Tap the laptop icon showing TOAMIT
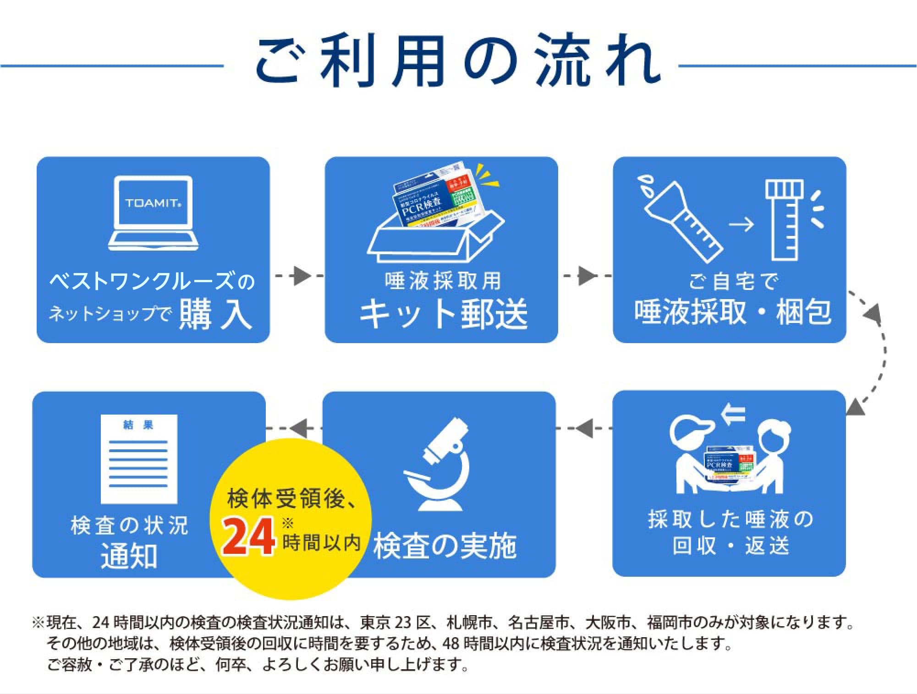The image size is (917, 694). [x=153, y=213]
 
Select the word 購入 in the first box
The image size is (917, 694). [x=215, y=314]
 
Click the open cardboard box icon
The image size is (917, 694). [x=435, y=234]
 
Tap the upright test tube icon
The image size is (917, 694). [x=785, y=220]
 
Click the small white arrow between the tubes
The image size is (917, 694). [x=741, y=224]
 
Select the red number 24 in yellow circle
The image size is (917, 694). [x=248, y=536]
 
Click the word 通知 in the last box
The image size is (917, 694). [x=129, y=556]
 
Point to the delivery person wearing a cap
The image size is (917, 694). [x=692, y=458]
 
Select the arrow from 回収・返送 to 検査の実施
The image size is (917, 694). [x=585, y=428]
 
